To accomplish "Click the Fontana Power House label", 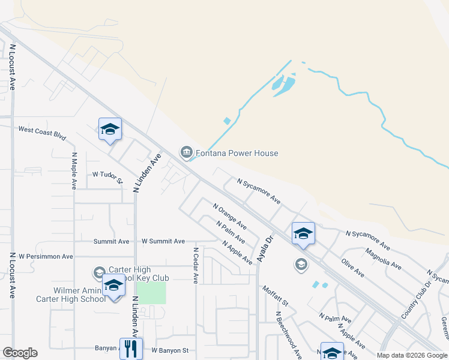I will pos(237,153).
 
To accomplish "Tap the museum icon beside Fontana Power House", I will pos(186,151).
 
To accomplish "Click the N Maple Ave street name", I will pos(74,170).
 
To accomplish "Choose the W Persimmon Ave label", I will pos(46,256).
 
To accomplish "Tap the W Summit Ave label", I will pos(163,241).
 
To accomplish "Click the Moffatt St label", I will pos(276,295).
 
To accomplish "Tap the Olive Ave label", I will pos(352,268).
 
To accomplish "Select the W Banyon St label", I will pos(170,350).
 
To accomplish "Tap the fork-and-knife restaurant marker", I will pos(130,348).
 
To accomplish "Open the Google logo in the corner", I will pos(20,353).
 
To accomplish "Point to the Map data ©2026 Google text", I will pos(412,355).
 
